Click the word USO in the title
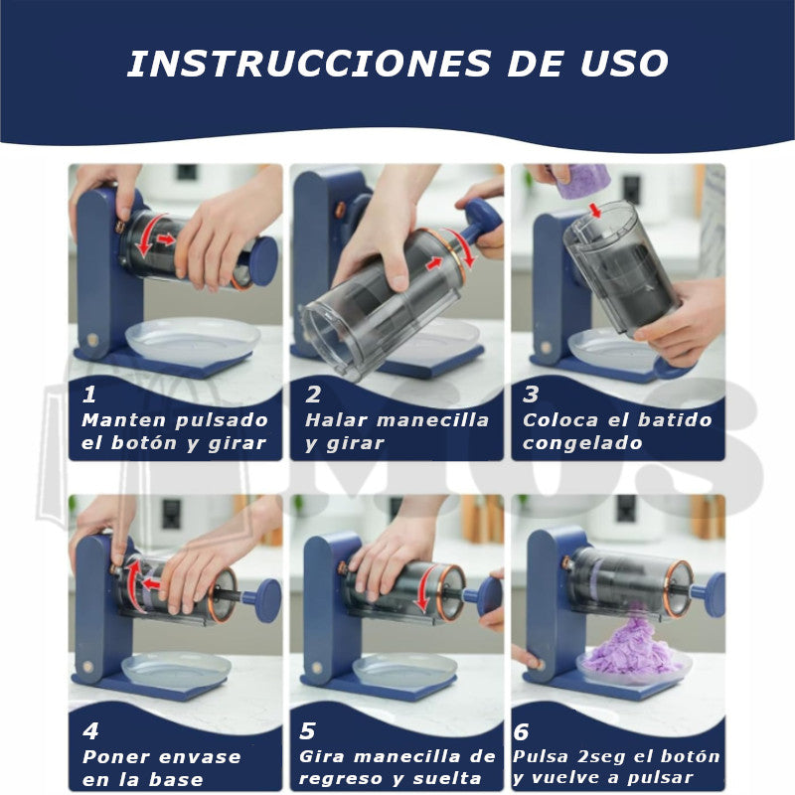[x=624, y=64]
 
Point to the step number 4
[x=91, y=732]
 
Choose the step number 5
[x=308, y=732]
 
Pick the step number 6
[x=523, y=732]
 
